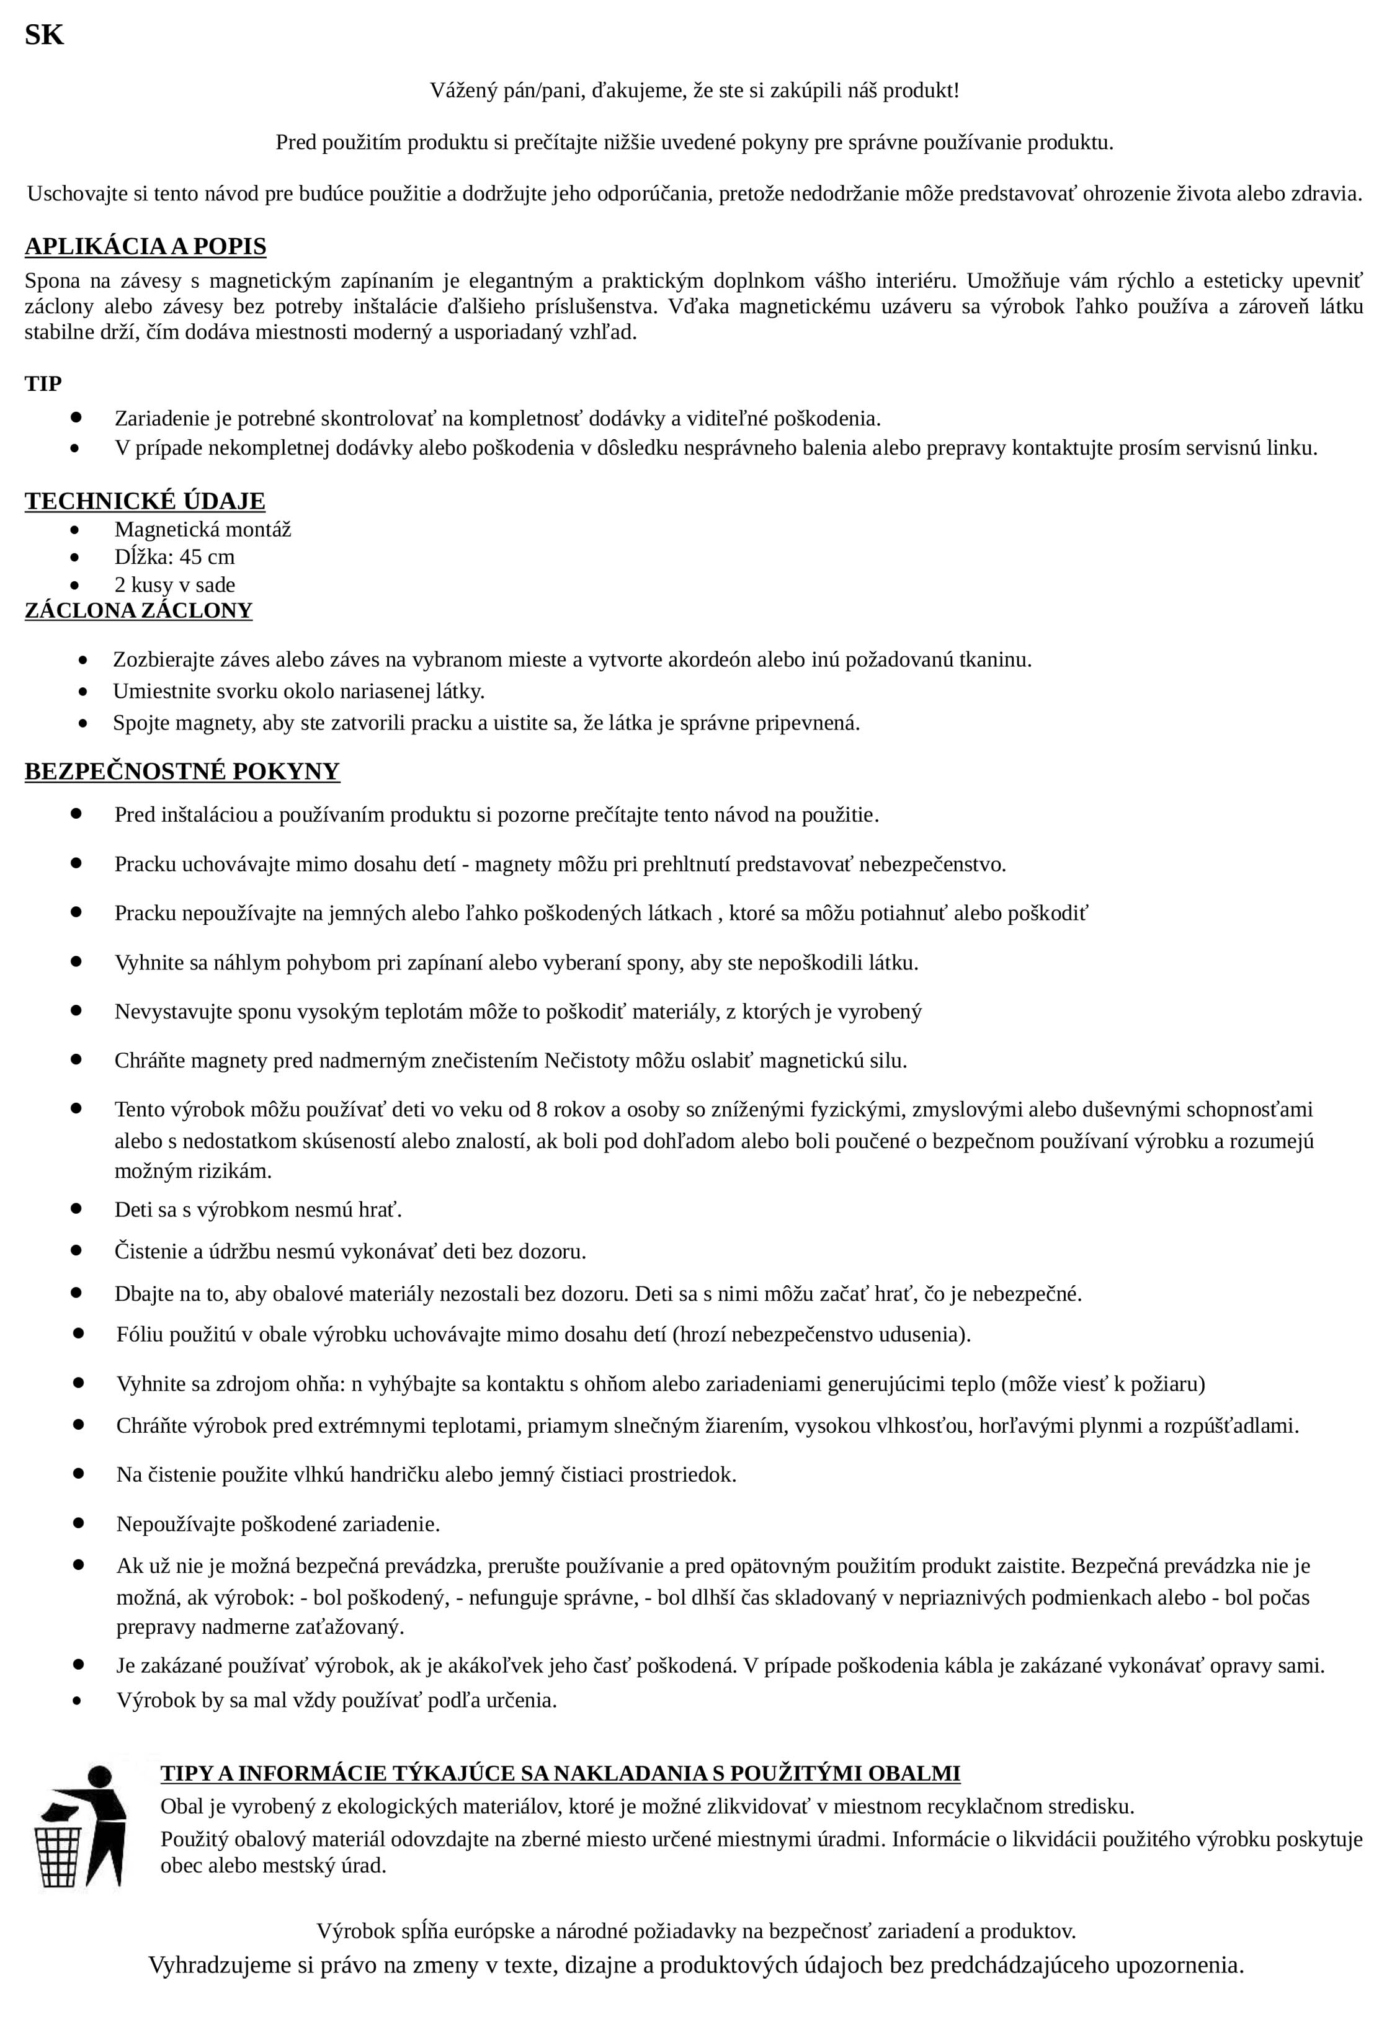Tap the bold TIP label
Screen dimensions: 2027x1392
[43, 384]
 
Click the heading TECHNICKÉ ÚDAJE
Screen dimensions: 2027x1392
[145, 502]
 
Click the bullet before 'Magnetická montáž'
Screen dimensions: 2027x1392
[77, 530]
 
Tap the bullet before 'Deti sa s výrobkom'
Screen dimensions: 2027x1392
[77, 1209]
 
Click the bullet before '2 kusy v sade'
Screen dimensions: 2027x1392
[77, 586]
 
